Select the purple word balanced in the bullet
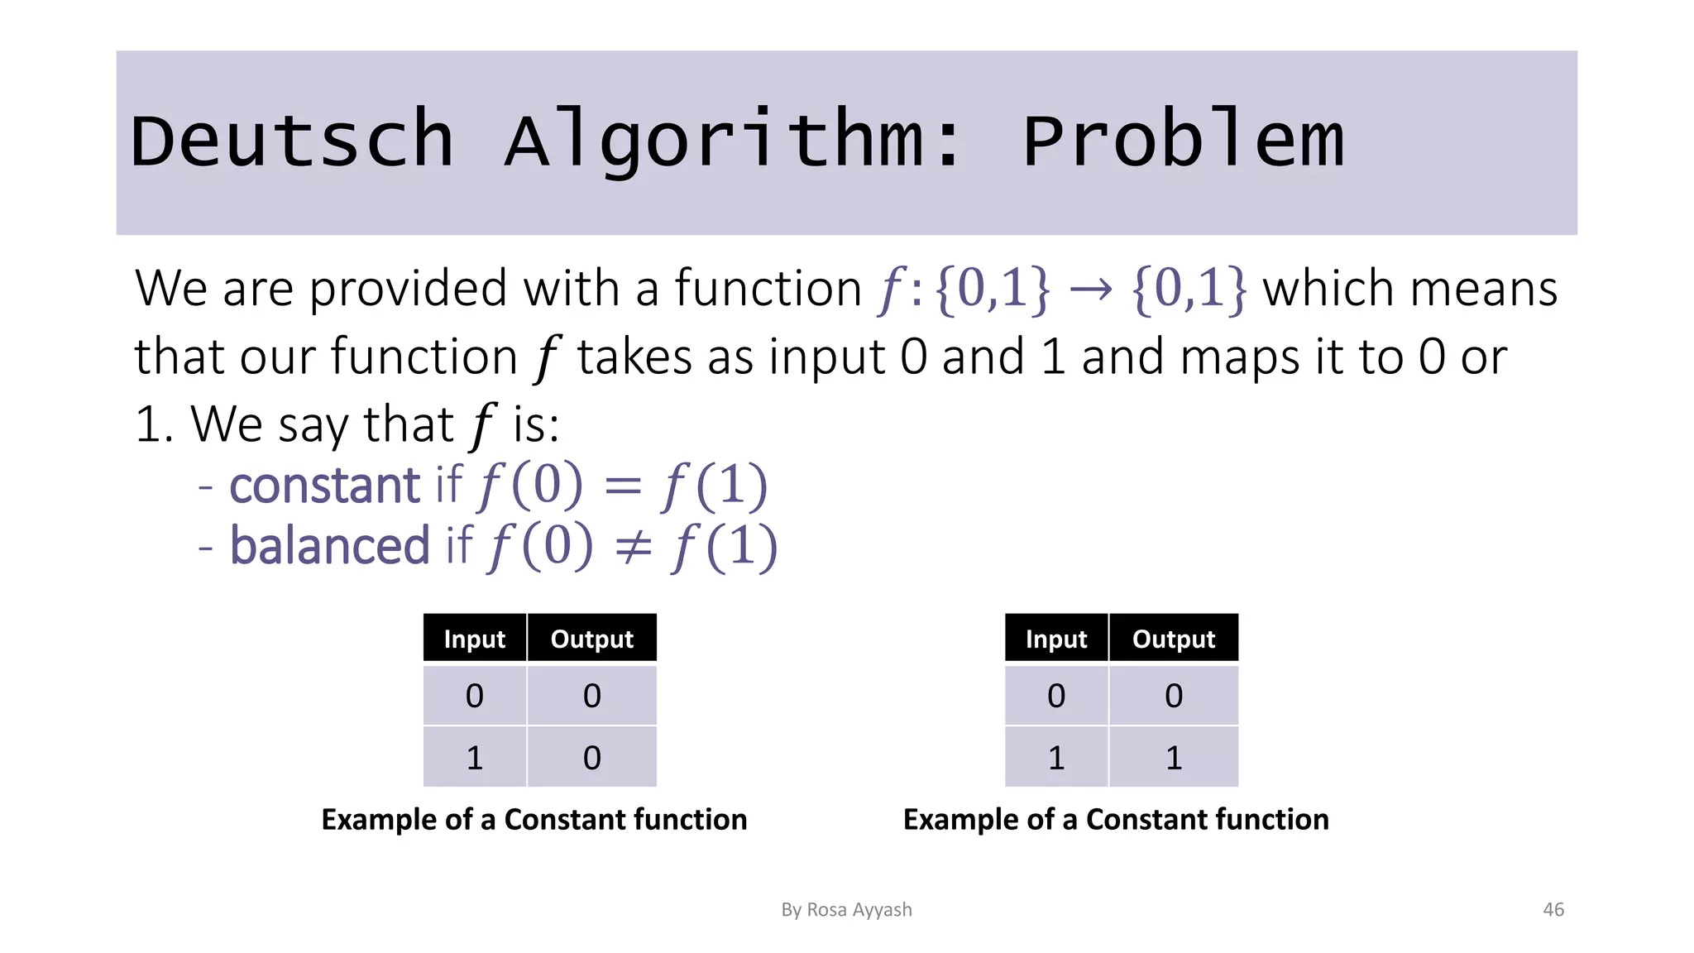click(x=329, y=546)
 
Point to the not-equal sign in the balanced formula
click(x=634, y=547)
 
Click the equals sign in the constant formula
click(x=623, y=486)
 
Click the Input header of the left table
click(x=474, y=639)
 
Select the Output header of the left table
click(x=591, y=639)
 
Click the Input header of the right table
click(x=1055, y=639)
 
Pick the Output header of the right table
click(x=1173, y=639)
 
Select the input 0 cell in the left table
click(x=474, y=696)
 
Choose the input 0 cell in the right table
click(x=1055, y=696)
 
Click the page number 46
click(x=1553, y=909)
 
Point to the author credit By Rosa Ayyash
click(x=846, y=909)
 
